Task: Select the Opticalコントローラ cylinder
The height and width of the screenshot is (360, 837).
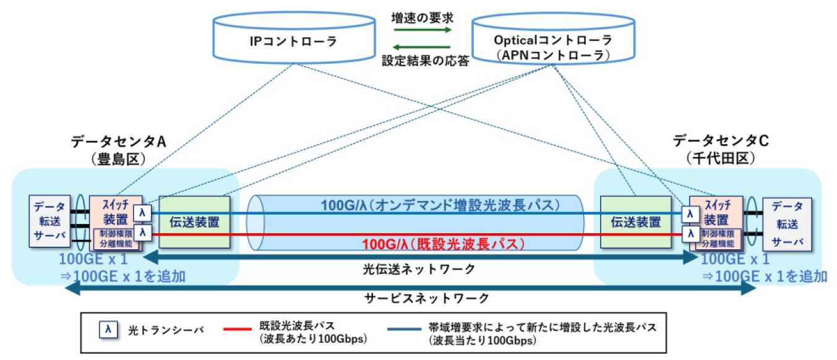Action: click(552, 46)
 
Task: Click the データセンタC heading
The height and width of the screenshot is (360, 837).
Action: click(721, 141)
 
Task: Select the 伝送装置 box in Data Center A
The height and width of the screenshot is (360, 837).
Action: click(194, 221)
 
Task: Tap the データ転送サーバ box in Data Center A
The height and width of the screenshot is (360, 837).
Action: click(48, 221)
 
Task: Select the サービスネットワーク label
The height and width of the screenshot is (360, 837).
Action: click(421, 298)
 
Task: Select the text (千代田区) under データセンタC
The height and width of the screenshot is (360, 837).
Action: click(721, 158)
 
